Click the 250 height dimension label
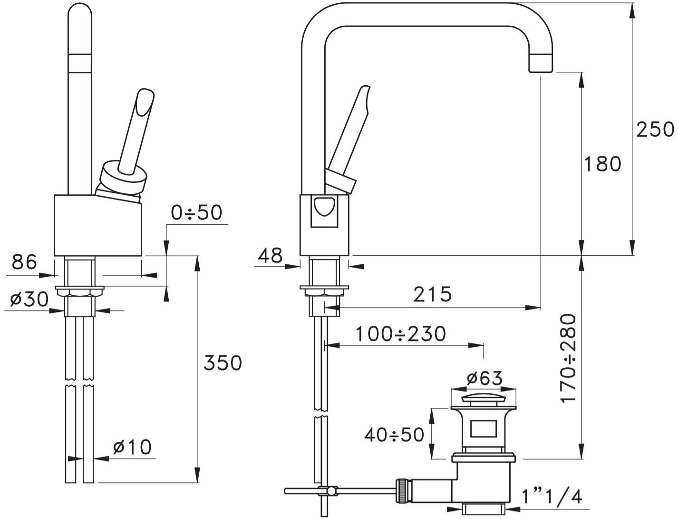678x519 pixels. (655, 130)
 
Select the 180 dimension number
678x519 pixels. (602, 164)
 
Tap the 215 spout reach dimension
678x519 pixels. (433, 294)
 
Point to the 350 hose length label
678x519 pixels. (223, 362)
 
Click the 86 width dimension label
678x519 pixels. (24, 262)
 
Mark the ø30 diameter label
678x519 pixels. (29, 299)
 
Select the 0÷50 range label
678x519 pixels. (196, 212)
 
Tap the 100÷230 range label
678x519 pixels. (401, 334)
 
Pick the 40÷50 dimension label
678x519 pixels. (395, 435)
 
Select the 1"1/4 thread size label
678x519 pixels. (552, 497)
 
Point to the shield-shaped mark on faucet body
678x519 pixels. (324, 205)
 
